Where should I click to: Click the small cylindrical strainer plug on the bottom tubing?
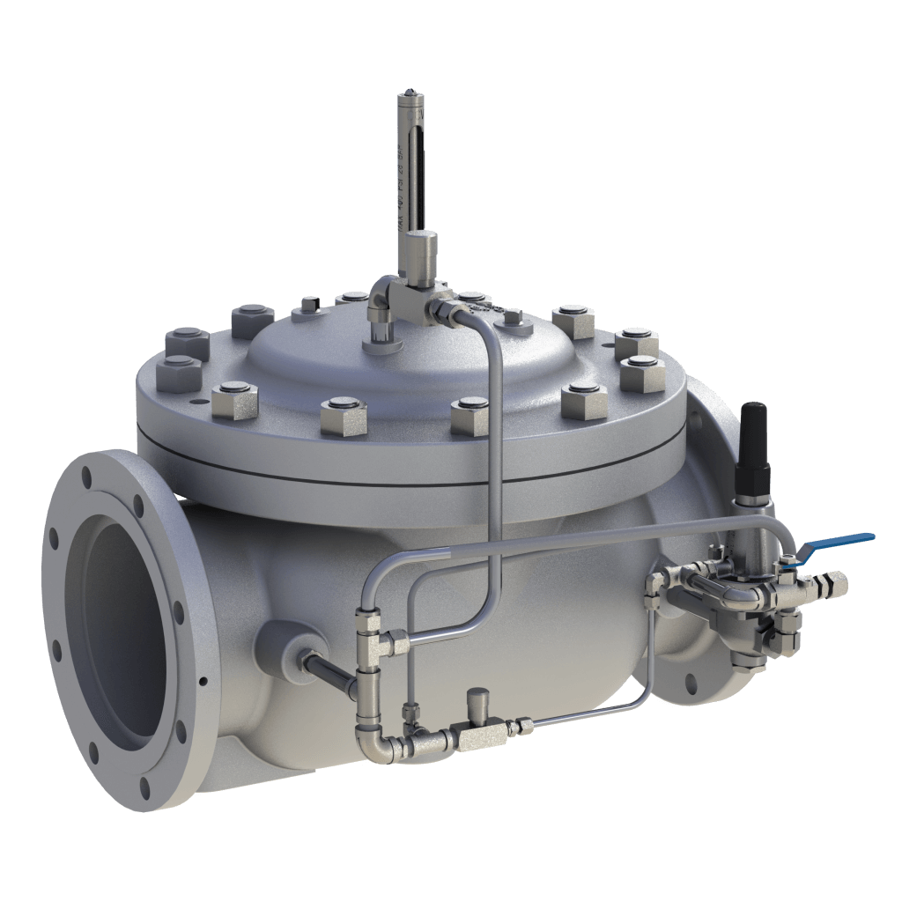480,702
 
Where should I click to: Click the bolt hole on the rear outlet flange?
690,681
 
